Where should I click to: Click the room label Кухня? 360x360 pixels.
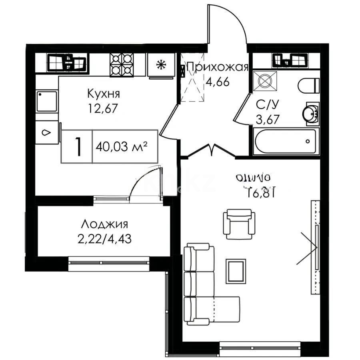coord(104,94)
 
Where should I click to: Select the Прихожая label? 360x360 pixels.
coord(218,66)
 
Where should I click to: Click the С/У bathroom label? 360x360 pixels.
coord(267,104)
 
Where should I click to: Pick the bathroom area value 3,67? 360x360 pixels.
coord(267,119)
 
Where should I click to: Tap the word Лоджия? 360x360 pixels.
coord(104,224)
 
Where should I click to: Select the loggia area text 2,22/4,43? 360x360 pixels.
coord(104,239)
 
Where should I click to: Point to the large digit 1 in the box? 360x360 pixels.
coord(78,147)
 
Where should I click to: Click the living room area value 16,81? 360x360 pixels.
coord(260,192)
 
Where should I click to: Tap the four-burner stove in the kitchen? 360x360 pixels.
coord(122,64)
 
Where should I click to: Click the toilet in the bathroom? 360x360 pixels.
coord(309,85)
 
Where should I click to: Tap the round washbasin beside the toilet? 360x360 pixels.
coord(311,113)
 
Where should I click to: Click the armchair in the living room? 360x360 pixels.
coord(239,224)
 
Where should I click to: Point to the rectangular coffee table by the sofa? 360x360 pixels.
coord(236,271)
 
